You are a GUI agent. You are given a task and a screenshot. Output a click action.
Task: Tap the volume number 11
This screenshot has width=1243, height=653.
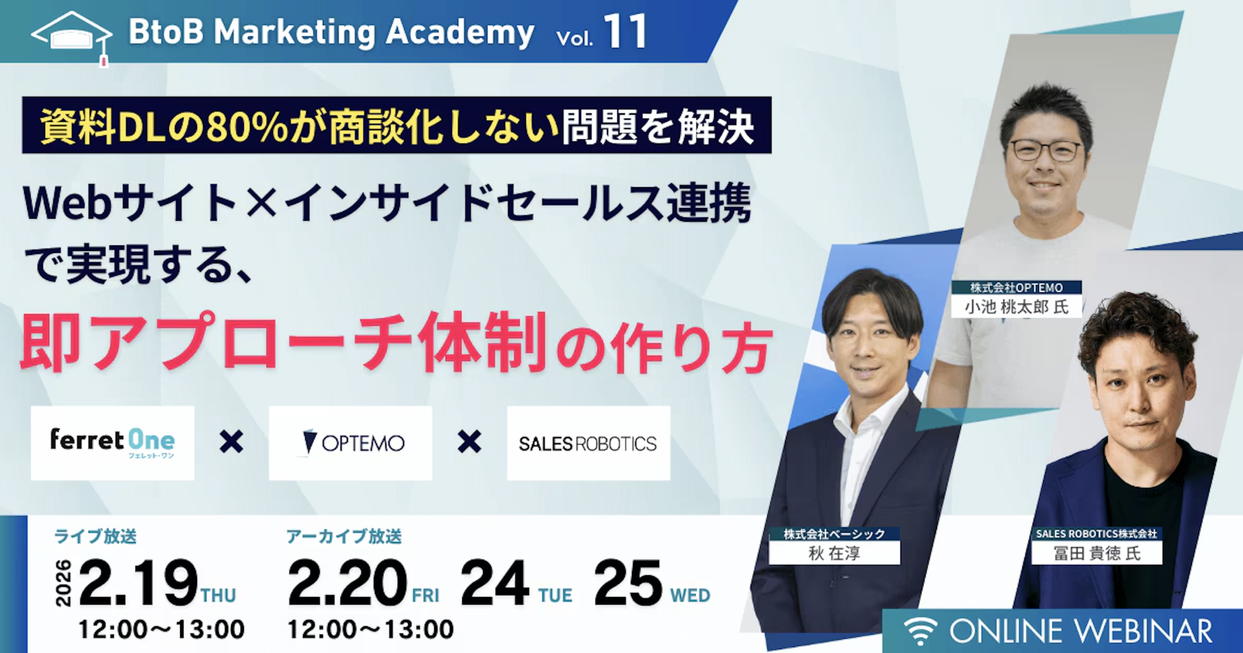click(x=625, y=32)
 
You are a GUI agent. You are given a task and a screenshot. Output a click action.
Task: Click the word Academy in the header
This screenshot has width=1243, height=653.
click(x=460, y=33)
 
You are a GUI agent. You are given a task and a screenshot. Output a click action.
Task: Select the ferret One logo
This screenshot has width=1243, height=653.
click(x=112, y=443)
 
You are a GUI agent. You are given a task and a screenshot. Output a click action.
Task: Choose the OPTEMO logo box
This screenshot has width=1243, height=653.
click(x=350, y=443)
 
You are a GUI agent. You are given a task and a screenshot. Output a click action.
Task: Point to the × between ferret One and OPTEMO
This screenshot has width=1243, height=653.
click(x=231, y=442)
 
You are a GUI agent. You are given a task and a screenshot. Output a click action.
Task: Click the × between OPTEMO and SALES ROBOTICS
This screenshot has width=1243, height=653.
click(x=469, y=442)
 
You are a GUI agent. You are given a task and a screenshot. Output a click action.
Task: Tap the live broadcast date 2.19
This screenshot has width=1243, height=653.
click(x=138, y=582)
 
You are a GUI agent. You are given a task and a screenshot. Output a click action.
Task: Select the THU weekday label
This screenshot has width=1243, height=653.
click(x=218, y=595)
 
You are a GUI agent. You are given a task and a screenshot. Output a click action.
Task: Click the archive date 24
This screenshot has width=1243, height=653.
click(x=494, y=582)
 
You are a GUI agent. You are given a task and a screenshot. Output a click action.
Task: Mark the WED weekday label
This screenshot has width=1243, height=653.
click(x=690, y=595)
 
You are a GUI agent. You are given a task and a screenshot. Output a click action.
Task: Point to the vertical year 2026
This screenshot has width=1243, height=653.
click(x=64, y=583)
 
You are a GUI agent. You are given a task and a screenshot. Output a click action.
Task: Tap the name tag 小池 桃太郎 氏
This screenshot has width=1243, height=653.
click(x=1016, y=307)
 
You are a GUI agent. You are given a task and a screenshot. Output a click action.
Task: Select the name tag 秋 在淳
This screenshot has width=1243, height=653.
click(x=834, y=554)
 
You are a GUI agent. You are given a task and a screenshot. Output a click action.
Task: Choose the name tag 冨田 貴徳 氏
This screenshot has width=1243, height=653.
click(x=1096, y=554)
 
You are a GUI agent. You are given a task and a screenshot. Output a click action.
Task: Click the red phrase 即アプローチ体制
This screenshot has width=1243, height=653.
click(x=284, y=342)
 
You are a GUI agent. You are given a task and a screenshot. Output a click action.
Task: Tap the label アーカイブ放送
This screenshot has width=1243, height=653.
click(x=344, y=537)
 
